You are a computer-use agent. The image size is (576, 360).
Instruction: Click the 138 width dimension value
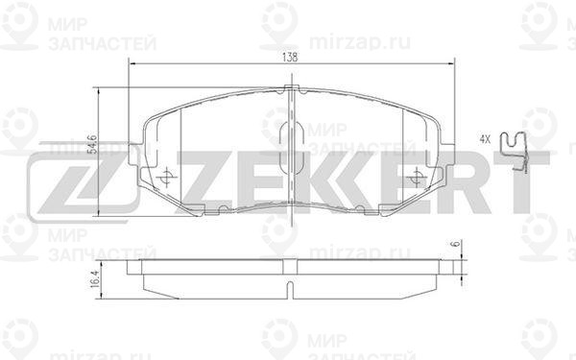tap(290, 58)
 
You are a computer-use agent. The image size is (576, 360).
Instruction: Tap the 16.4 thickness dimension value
tap(94, 279)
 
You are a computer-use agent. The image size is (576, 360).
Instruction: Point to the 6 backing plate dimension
tap(457, 244)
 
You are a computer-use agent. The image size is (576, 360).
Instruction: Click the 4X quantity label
tap(485, 139)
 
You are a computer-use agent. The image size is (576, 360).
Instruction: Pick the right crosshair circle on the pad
tap(417, 179)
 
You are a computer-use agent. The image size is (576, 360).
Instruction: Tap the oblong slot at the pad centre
tap(291, 148)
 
